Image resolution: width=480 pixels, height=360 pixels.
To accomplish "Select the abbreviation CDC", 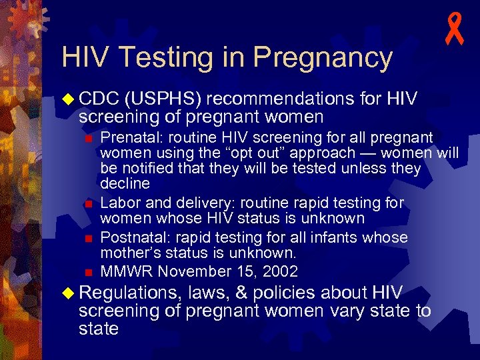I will (x=99, y=99).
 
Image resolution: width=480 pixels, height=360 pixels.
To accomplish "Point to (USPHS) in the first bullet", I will (x=163, y=99).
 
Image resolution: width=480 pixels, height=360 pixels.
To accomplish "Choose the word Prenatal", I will (x=125, y=137).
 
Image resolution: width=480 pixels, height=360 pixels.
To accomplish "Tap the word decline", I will (x=125, y=183).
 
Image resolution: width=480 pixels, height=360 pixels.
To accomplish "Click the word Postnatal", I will (x=129, y=238).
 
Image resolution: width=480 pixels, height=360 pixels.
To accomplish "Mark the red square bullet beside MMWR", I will (x=87, y=272).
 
